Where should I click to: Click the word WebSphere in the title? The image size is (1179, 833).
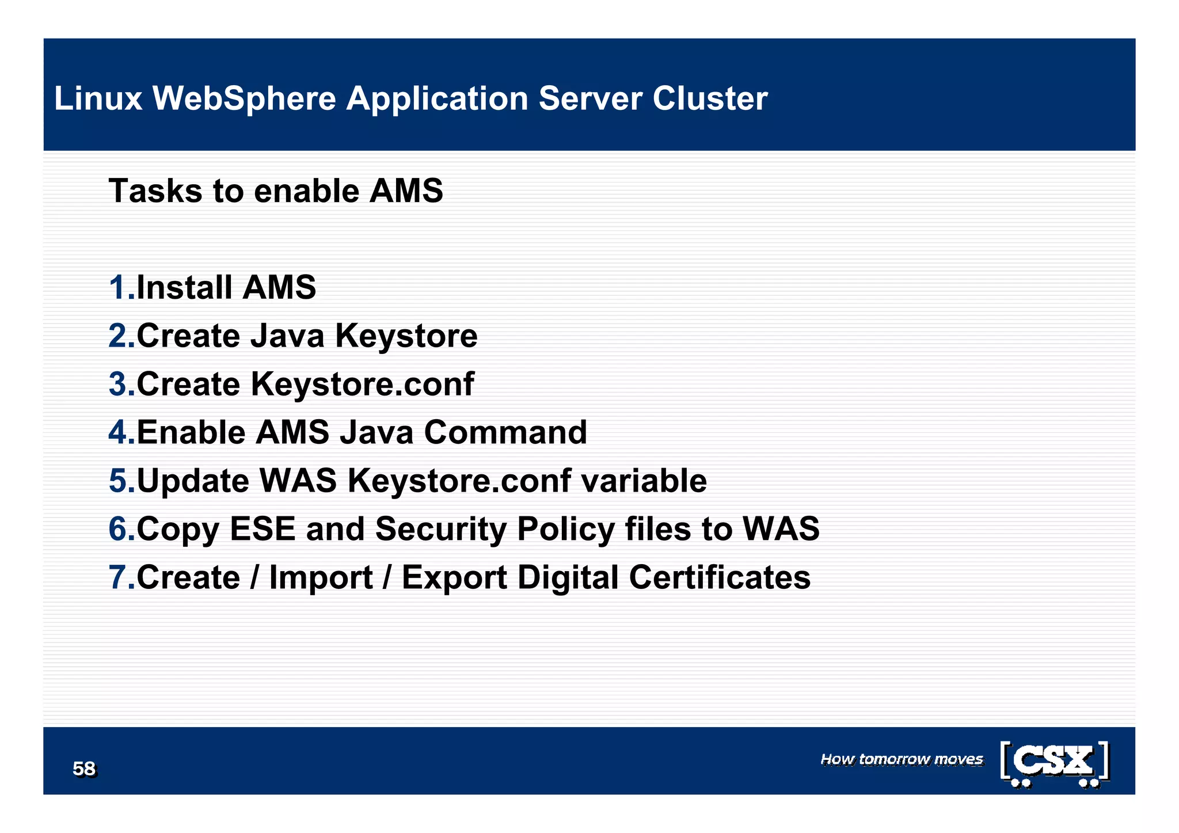coord(244,98)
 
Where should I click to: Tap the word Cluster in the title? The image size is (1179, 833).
coord(710,98)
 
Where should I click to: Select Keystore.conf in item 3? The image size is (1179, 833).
coord(363,384)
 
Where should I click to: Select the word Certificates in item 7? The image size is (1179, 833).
coord(720,577)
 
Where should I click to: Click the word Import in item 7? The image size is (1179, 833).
coord(321,578)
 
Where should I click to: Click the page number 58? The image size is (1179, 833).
coord(84,769)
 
